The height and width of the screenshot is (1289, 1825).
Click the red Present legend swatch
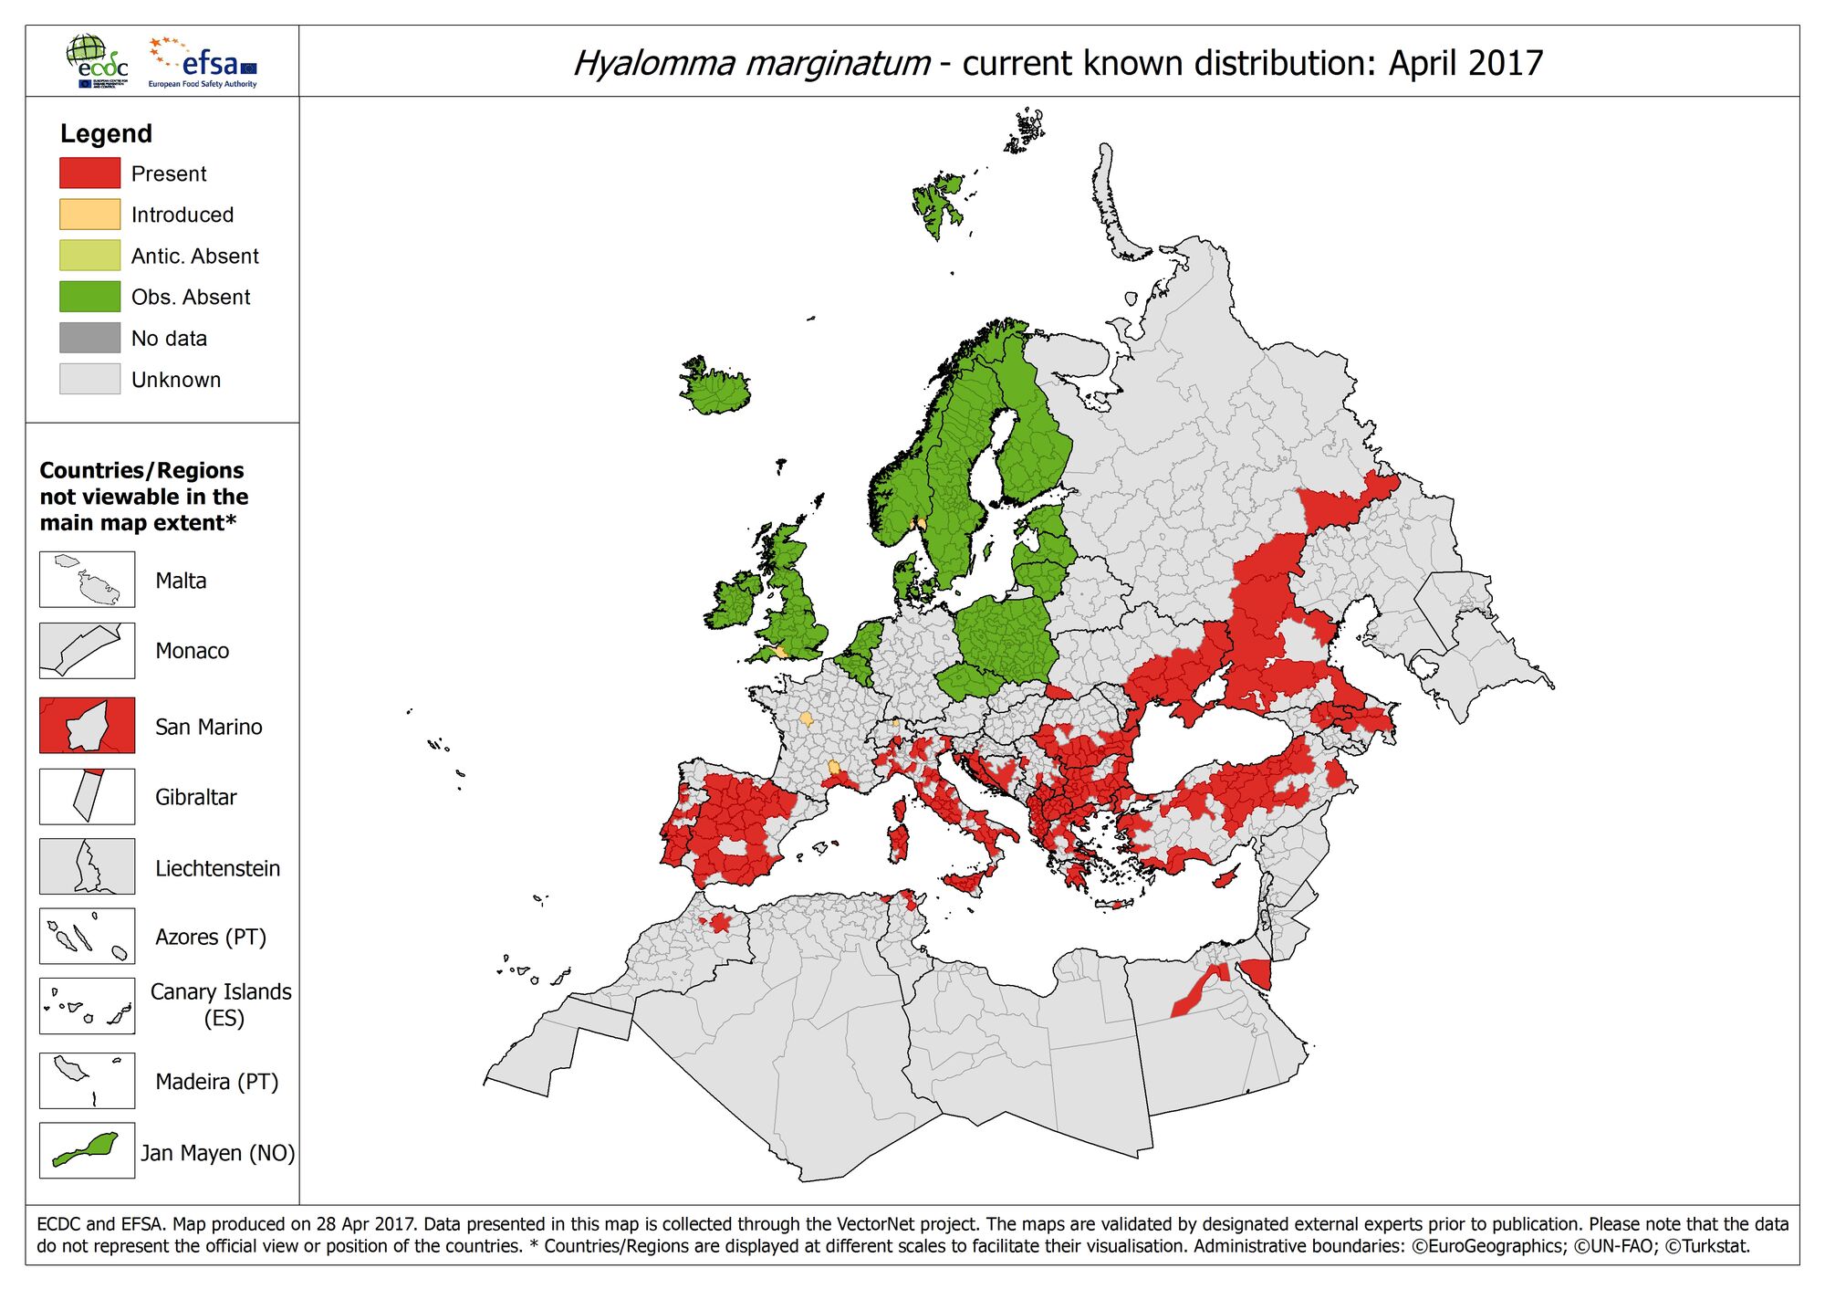(x=89, y=173)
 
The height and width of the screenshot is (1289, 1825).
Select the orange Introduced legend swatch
(x=89, y=214)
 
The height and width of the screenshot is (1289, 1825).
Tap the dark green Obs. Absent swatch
(x=89, y=296)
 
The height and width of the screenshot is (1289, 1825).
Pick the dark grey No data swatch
(x=89, y=337)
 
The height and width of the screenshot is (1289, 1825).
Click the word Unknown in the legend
(x=176, y=380)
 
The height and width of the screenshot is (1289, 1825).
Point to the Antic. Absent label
(x=194, y=256)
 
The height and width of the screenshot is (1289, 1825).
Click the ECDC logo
(x=97, y=61)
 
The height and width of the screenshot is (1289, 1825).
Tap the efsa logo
(x=205, y=62)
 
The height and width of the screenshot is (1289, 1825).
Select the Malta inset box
(x=87, y=580)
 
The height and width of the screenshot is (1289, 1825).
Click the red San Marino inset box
(x=87, y=726)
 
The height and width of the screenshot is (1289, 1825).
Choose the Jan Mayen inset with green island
(x=87, y=1150)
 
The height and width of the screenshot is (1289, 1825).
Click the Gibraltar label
(x=195, y=797)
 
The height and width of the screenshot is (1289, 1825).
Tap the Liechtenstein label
(x=217, y=868)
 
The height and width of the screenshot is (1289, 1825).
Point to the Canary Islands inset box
(x=87, y=1006)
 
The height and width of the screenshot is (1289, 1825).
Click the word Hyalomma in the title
(x=653, y=63)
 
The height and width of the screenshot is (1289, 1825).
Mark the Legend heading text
(x=106, y=133)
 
